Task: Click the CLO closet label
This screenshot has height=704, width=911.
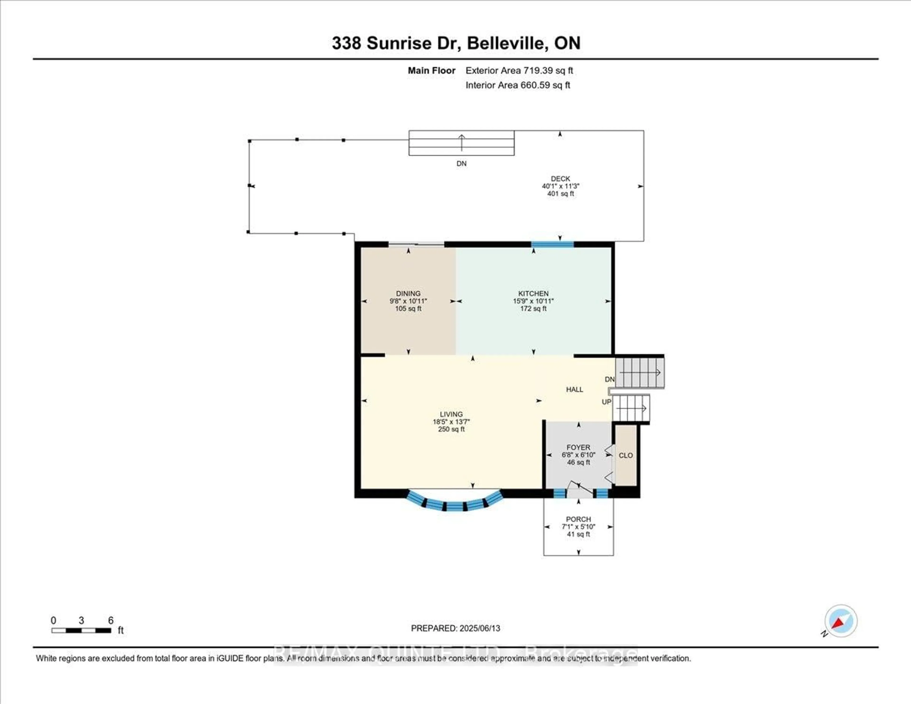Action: pos(625,455)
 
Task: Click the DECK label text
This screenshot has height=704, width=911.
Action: pos(560,178)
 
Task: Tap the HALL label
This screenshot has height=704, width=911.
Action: pos(574,389)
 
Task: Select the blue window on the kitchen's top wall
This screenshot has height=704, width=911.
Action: pos(552,244)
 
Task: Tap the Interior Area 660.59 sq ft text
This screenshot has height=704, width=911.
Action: pos(518,85)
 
